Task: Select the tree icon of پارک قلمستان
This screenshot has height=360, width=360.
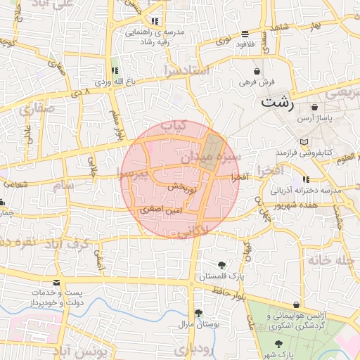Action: click(x=222, y=265)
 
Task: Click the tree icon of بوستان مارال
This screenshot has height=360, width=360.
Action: click(x=199, y=312)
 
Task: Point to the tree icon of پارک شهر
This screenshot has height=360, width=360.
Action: click(x=279, y=344)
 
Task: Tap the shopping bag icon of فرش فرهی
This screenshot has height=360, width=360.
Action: click(x=257, y=72)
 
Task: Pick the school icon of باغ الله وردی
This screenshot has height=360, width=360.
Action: click(x=114, y=71)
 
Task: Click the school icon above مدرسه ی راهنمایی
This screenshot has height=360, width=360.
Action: click(x=155, y=21)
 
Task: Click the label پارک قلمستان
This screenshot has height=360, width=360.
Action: click(x=223, y=278)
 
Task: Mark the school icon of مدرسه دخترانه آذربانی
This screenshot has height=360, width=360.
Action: click(x=307, y=179)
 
